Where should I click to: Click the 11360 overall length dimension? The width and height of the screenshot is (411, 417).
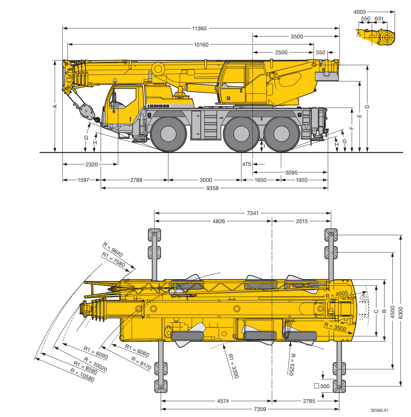coord(199,28)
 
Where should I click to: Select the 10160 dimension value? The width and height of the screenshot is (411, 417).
coord(201,44)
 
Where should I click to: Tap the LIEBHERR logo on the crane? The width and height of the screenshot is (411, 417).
coord(159,106)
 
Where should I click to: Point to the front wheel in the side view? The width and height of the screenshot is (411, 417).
coord(168,134)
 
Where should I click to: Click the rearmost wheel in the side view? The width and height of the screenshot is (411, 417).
coord(281,134)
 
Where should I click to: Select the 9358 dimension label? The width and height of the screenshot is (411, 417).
coord(212,188)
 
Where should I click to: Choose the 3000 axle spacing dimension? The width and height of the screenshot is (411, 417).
coord(205,180)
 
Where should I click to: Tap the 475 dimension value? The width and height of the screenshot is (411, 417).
coord(246,164)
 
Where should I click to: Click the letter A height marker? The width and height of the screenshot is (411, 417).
coord(55,106)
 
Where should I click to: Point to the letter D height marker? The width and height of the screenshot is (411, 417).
coord(367,106)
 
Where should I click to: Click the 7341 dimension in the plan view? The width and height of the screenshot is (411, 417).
coord(252,213)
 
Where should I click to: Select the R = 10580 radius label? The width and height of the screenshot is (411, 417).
coord(82,375)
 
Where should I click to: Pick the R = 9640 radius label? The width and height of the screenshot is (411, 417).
coord(113,250)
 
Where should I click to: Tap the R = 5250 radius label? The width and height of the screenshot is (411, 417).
coord(292,364)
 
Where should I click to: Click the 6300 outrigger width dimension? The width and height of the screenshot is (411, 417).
coord(400,312)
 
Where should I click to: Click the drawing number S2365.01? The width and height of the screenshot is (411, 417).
coord(379,410)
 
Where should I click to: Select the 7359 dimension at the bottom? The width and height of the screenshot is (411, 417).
coord(260,409)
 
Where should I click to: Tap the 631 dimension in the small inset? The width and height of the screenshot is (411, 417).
coord(379,19)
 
